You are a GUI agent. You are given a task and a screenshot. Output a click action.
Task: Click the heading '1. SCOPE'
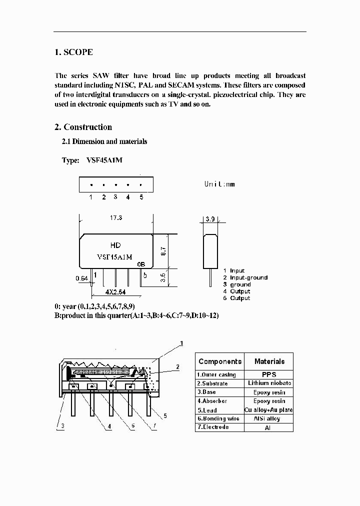pyautogui.click(x=73, y=52)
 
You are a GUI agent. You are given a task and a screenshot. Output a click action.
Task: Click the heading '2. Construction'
pyautogui.click(x=83, y=127)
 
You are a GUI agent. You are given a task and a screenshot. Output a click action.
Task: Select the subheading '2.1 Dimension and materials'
pyautogui.click(x=104, y=141)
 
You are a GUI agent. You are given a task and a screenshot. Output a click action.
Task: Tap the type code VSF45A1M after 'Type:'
pyautogui.click(x=104, y=160)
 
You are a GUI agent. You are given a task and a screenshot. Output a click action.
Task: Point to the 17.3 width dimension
pyautogui.click(x=116, y=218)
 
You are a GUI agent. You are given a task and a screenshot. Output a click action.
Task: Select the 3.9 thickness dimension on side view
pyautogui.click(x=209, y=219)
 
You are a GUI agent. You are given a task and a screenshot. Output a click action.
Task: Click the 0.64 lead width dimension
pyautogui.click(x=81, y=278)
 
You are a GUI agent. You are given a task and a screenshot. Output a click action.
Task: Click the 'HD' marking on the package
pyautogui.click(x=115, y=245)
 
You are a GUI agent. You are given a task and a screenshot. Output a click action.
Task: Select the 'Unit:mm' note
pyautogui.click(x=219, y=184)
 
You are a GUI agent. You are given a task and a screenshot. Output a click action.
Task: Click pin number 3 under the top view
pyautogui.click(x=115, y=197)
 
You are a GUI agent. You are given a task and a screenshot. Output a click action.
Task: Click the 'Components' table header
pyautogui.click(x=219, y=361)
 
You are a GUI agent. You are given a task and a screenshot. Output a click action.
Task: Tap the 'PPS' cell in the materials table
pyautogui.click(x=269, y=374)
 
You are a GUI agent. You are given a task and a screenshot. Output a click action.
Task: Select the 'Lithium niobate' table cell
pyautogui.click(x=269, y=383)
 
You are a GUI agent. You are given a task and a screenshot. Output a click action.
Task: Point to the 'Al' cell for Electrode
pyautogui.click(x=269, y=428)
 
